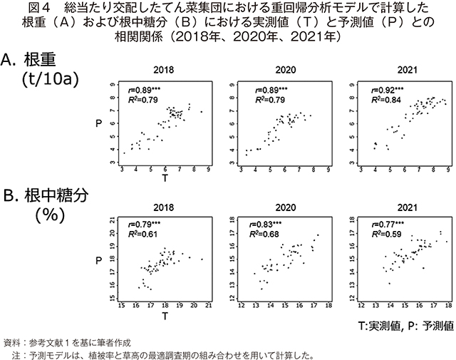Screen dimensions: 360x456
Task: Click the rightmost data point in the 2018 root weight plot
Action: pos(201,111)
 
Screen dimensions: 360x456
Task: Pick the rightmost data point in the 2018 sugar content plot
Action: pos(202,259)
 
